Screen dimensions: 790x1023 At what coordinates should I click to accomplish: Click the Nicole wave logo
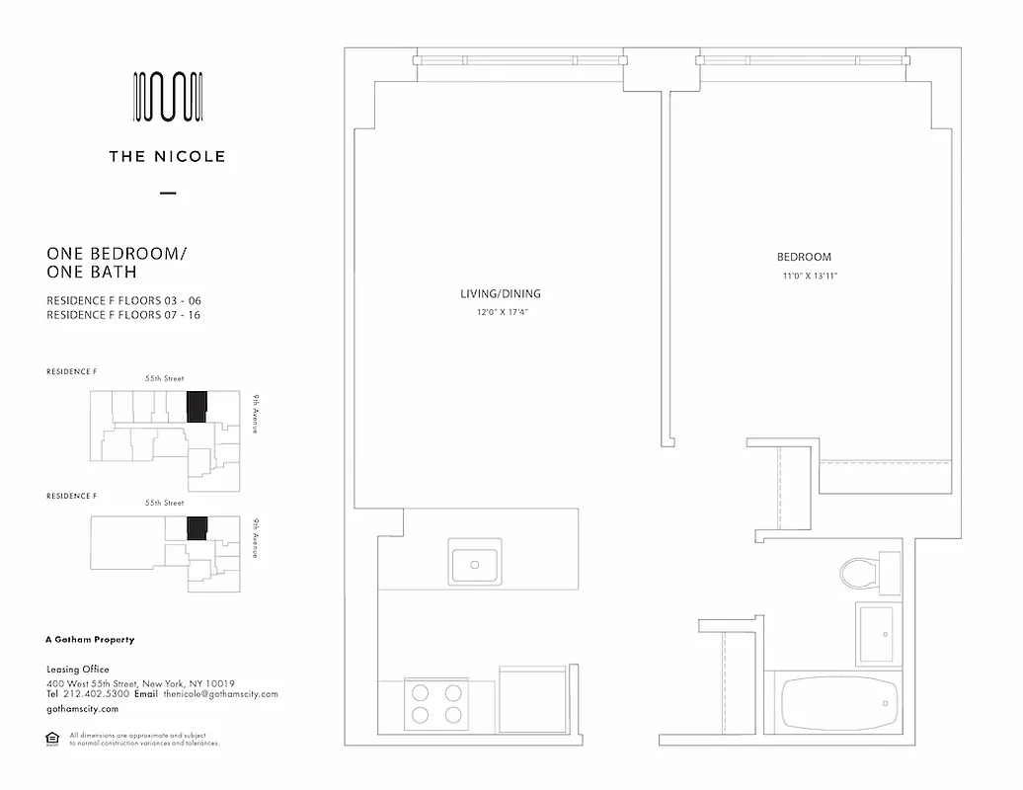(x=168, y=98)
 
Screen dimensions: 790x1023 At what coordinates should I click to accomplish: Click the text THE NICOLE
(x=168, y=156)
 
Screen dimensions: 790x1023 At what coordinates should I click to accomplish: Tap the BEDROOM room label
(x=804, y=258)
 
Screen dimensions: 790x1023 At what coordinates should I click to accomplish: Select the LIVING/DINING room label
(x=501, y=294)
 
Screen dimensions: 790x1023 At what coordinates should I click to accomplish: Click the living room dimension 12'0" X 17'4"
(x=501, y=313)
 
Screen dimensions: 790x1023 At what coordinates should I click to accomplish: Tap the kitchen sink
(x=475, y=562)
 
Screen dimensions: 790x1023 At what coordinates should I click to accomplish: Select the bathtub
(x=839, y=702)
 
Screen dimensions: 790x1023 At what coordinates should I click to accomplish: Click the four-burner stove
(x=435, y=703)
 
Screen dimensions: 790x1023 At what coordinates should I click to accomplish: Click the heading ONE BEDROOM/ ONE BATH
(x=117, y=263)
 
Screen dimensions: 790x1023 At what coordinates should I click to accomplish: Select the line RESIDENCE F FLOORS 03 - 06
(x=130, y=300)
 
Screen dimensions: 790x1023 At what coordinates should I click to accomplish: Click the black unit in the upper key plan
(x=197, y=406)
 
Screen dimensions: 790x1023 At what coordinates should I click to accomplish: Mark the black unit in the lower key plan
(x=197, y=528)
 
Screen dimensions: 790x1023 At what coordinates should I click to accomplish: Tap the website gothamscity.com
(x=83, y=709)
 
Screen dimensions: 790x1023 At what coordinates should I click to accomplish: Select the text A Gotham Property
(x=91, y=640)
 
